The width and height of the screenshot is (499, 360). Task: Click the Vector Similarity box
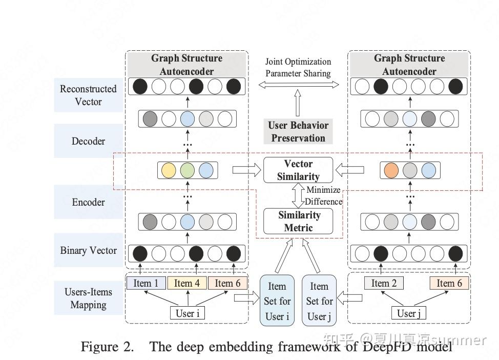[298, 170]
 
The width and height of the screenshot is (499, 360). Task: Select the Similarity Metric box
[298, 221]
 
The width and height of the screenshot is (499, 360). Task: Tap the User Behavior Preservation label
[298, 132]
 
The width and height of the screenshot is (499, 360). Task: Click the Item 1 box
[146, 283]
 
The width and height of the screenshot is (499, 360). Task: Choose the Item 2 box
[384, 283]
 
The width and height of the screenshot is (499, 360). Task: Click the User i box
[188, 313]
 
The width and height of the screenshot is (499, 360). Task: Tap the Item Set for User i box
[277, 301]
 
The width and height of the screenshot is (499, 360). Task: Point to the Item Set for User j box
[319, 301]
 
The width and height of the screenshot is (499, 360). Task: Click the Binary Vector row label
[89, 251]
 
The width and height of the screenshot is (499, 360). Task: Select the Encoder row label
[89, 202]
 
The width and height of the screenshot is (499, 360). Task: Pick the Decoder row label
[89, 141]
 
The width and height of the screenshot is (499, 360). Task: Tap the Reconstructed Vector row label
[89, 95]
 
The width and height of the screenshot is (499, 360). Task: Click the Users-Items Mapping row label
[89, 298]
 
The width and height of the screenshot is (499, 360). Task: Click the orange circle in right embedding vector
[391, 170]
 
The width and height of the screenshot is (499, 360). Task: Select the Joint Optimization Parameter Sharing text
[298, 68]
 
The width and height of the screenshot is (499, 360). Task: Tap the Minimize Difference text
[323, 196]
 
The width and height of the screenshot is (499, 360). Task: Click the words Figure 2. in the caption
[107, 347]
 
